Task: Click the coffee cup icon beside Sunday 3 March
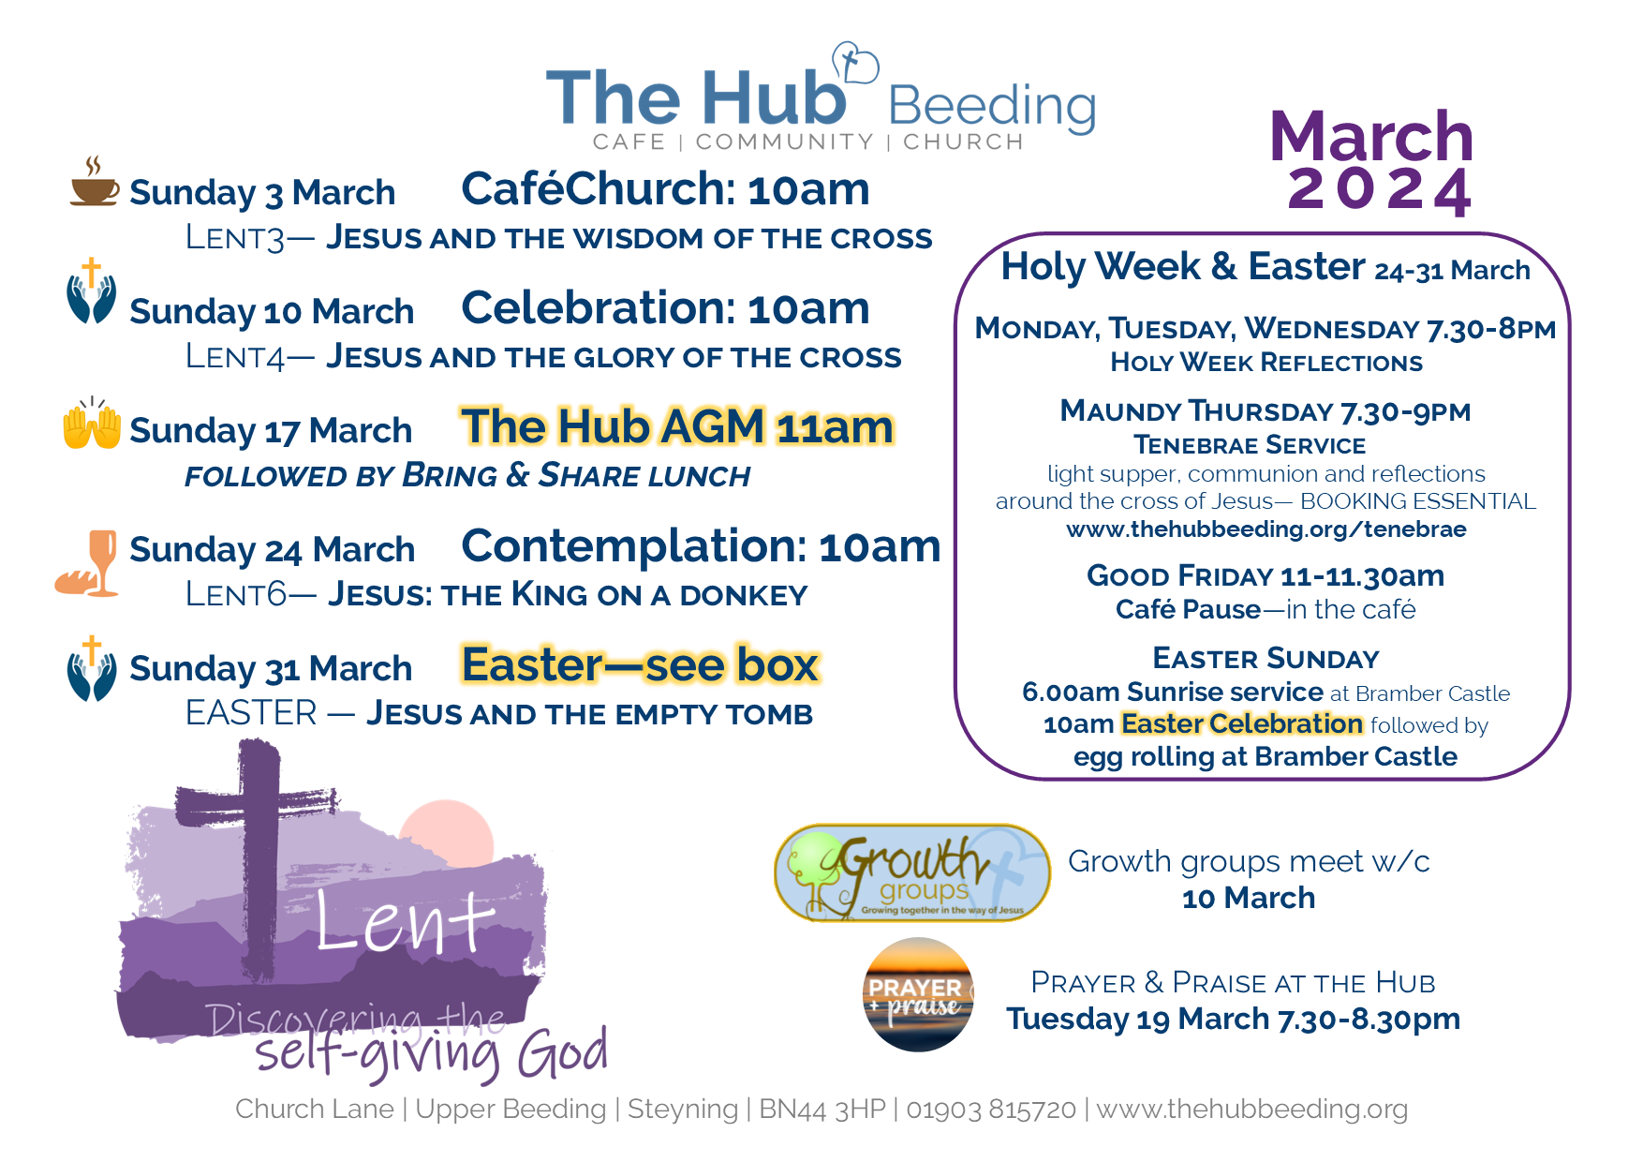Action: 95,182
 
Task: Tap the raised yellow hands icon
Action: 92,424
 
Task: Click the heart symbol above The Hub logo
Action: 855,64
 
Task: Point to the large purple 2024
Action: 1379,190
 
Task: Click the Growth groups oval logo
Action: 912,873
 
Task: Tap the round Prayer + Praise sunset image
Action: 918,994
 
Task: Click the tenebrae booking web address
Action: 1266,529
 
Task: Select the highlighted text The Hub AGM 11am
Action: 677,427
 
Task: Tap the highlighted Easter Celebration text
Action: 1241,723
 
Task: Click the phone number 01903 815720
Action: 991,1110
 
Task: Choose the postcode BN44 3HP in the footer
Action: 822,1110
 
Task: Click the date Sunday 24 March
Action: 272,550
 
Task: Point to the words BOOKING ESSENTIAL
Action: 1418,501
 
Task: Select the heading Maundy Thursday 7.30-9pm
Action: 1266,411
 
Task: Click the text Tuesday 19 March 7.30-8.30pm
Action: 1233,1019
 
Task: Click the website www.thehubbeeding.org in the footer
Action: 1252,1110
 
